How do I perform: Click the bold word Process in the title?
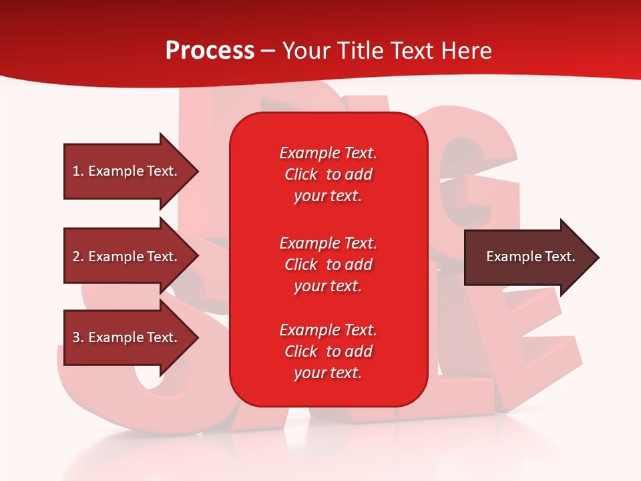[210, 51]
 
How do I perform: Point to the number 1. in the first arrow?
[78, 171]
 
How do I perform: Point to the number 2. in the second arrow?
[78, 257]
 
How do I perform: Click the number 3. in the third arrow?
[78, 337]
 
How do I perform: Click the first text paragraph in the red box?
[328, 174]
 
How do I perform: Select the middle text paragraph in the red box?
[328, 265]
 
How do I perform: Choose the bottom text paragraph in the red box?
[328, 351]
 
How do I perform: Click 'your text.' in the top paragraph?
[328, 196]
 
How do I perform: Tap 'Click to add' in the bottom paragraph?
[328, 351]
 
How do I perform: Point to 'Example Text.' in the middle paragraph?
[328, 243]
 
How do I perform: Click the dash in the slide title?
[268, 51]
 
